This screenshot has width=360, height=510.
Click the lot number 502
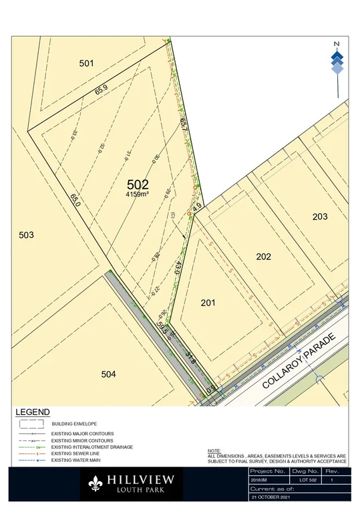click(x=137, y=184)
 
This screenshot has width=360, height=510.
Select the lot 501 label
click(x=86, y=63)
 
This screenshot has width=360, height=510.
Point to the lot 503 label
click(x=26, y=235)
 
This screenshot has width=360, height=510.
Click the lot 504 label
click(x=109, y=374)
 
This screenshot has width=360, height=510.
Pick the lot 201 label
click(x=208, y=303)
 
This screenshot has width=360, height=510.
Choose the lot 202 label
click(x=264, y=256)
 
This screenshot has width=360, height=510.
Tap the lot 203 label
click(x=320, y=216)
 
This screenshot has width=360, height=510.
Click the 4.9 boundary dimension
click(x=196, y=207)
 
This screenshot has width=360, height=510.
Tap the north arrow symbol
click(x=337, y=59)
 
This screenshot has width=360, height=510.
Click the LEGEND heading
click(x=32, y=412)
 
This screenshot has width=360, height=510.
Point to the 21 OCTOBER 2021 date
click(x=271, y=498)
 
